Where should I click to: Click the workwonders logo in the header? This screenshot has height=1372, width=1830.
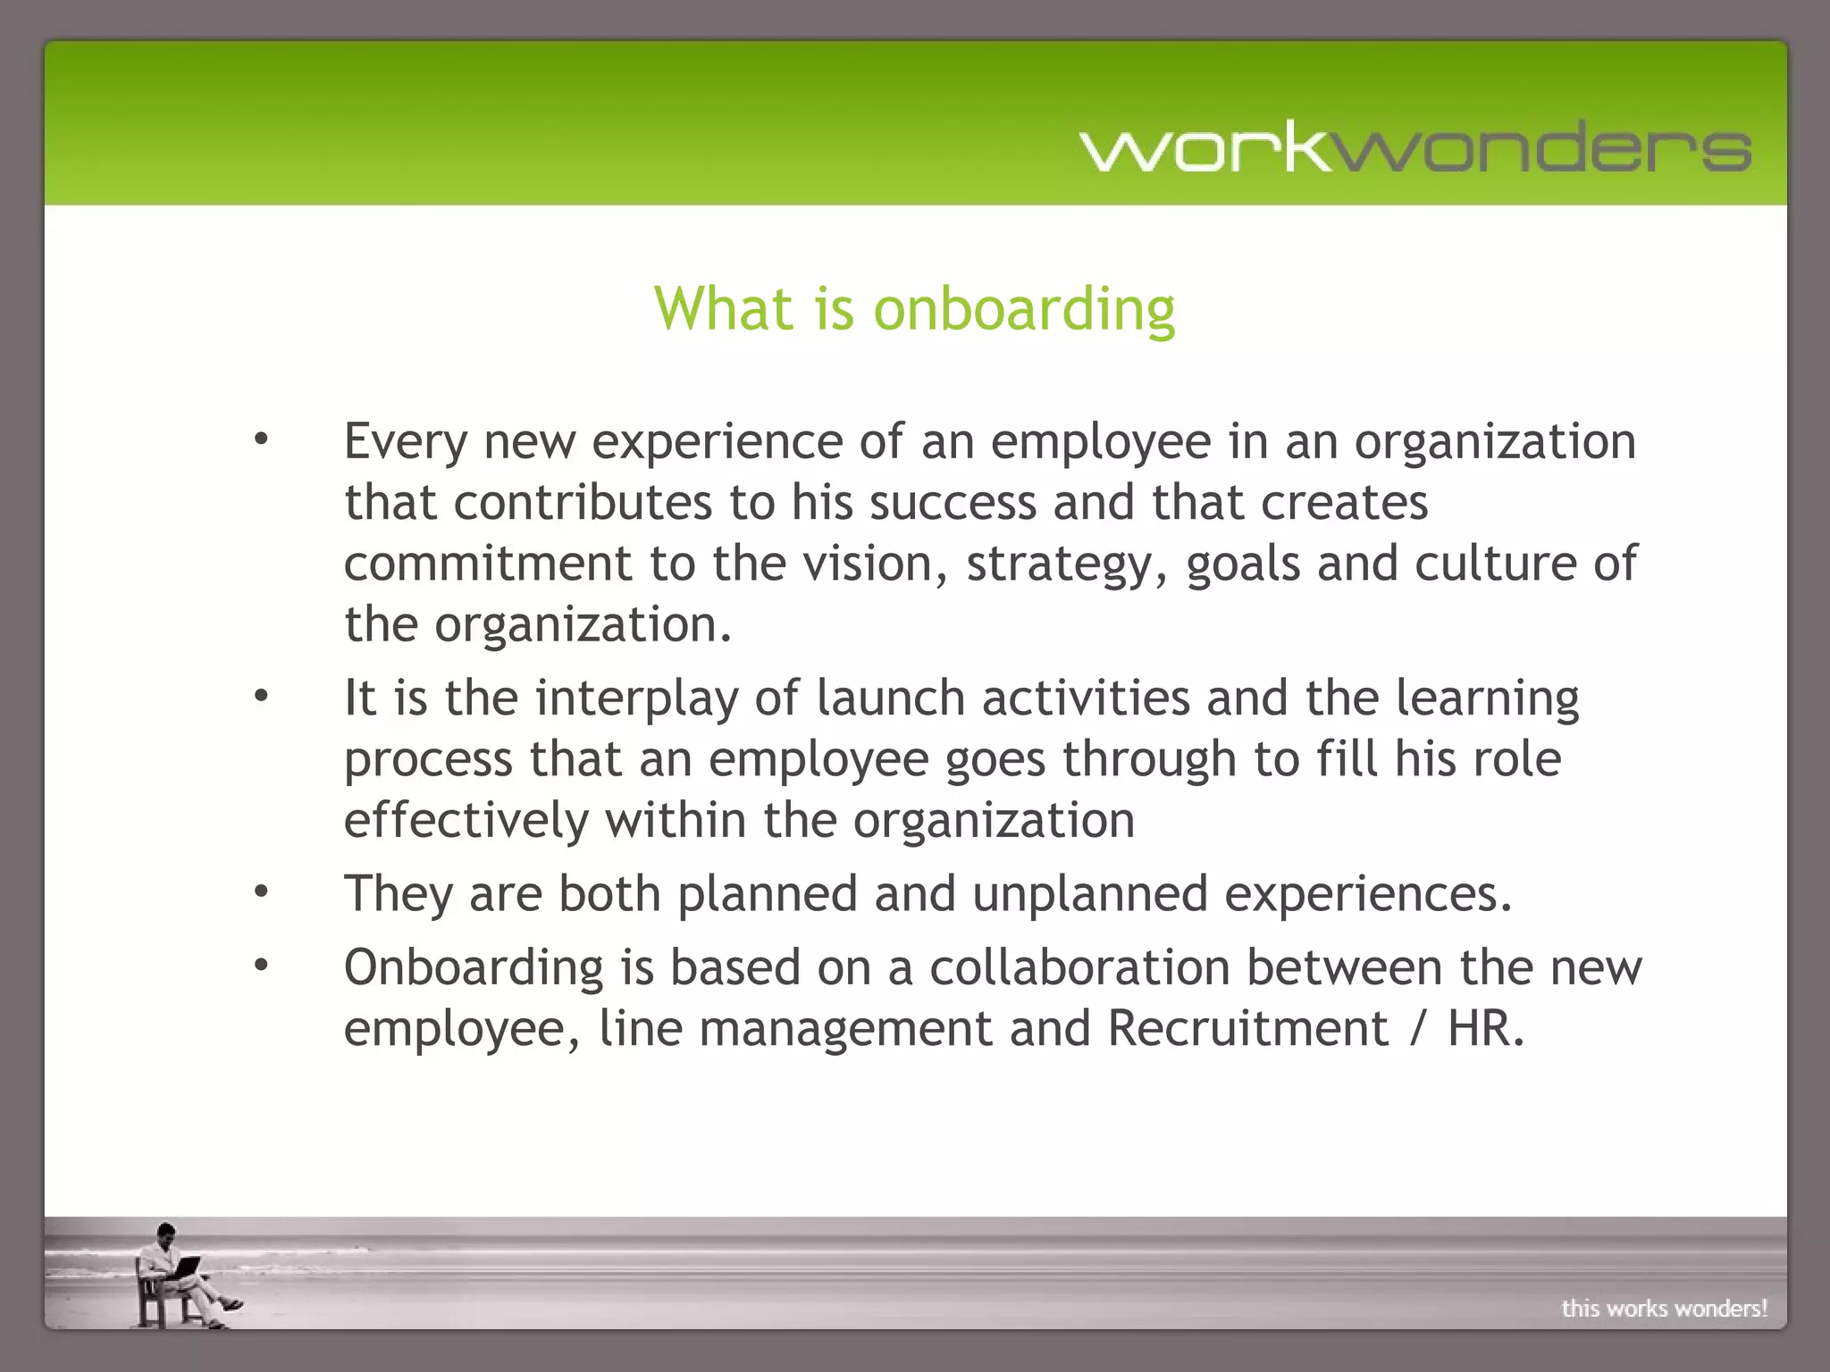click(x=1415, y=147)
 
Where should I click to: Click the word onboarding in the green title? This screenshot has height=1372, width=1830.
click(x=1024, y=309)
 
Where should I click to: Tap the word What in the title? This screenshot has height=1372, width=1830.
click(x=724, y=309)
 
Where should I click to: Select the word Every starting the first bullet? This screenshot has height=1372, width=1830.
click(x=406, y=442)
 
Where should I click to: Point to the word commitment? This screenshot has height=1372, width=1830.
click(x=488, y=564)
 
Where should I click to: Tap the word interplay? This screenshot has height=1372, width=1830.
click(x=637, y=699)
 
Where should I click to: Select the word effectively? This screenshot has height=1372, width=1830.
click(x=466, y=820)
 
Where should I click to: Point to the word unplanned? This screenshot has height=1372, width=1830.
click(x=1090, y=894)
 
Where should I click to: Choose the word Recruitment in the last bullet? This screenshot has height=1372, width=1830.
click(x=1247, y=1028)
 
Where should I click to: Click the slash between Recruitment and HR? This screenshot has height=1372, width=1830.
click(x=1417, y=1029)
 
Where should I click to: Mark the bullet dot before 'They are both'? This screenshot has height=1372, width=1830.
click(x=261, y=891)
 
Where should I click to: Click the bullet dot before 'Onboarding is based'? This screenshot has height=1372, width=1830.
click(x=261, y=965)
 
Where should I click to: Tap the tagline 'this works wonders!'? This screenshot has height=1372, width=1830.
click(x=1664, y=1309)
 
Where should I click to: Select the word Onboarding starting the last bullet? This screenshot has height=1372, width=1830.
click(x=474, y=967)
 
